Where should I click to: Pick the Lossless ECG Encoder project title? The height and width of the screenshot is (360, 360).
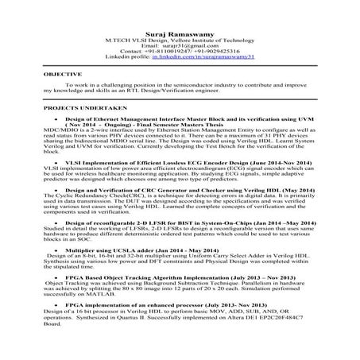(x=175, y=161)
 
